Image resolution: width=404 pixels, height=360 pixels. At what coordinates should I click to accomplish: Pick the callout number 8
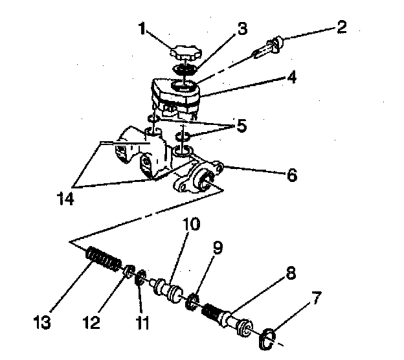coord(291,273)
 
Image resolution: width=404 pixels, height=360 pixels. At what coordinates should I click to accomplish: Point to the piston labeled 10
coord(170,287)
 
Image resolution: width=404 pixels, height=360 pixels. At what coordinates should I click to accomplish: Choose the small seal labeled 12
coord(128,271)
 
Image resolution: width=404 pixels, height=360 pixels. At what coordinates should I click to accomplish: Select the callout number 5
coord(241,126)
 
